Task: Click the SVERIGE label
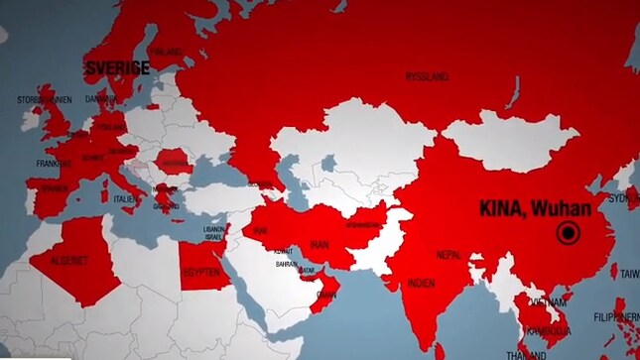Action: click(x=117, y=67)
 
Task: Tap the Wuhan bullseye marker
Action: click(x=569, y=234)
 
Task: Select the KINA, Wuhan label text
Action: click(x=535, y=209)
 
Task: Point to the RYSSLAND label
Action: click(x=427, y=76)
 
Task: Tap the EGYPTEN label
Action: click(x=199, y=272)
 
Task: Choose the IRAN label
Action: click(x=320, y=244)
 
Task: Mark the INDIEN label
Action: click(x=421, y=283)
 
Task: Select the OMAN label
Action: click(x=325, y=295)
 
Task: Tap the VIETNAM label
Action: click(x=547, y=300)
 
